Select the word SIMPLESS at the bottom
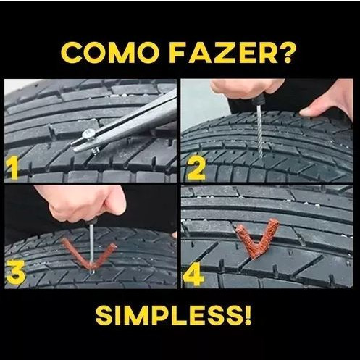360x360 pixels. (168, 316)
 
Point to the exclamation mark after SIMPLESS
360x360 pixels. (248, 316)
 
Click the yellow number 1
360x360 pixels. (12, 168)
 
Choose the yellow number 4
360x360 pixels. (194, 275)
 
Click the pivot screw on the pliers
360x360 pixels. (89, 134)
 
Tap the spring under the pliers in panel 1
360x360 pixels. (96, 151)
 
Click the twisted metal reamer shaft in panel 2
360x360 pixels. (260, 130)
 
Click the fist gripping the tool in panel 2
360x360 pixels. (244, 88)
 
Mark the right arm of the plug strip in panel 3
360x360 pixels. (105, 256)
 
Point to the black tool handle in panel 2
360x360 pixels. (256, 98)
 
